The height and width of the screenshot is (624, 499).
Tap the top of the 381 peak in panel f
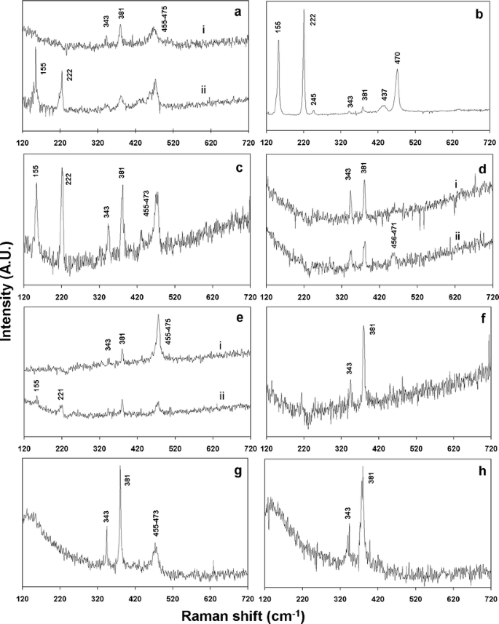tap(364, 326)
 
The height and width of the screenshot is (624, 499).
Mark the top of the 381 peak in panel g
tap(119, 466)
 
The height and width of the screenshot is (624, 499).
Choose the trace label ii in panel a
tap(203, 90)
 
